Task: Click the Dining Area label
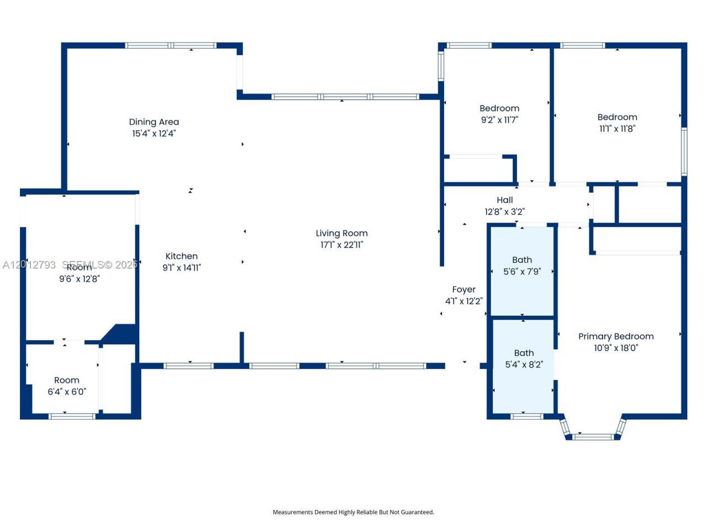(154, 122)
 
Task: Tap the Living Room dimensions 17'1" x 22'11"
(341, 245)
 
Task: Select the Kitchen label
(181, 256)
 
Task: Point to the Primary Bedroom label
(616, 337)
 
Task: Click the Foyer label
(464, 290)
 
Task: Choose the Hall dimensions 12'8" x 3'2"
(505, 212)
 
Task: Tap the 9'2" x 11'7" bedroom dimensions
(499, 120)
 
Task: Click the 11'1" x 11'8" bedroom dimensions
(617, 129)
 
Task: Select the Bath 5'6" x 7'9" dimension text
(522, 272)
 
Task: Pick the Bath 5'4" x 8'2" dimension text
(524, 364)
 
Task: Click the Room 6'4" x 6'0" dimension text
(67, 391)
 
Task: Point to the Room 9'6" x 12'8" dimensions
(80, 279)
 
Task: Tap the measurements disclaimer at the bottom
(353, 512)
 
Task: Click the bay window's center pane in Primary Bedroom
(593, 437)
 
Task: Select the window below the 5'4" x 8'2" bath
(527, 416)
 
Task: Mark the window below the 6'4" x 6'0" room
(72, 416)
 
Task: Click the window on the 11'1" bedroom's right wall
(684, 152)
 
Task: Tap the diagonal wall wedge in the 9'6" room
(119, 334)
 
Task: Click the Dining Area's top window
(171, 45)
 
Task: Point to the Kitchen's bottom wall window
(189, 366)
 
